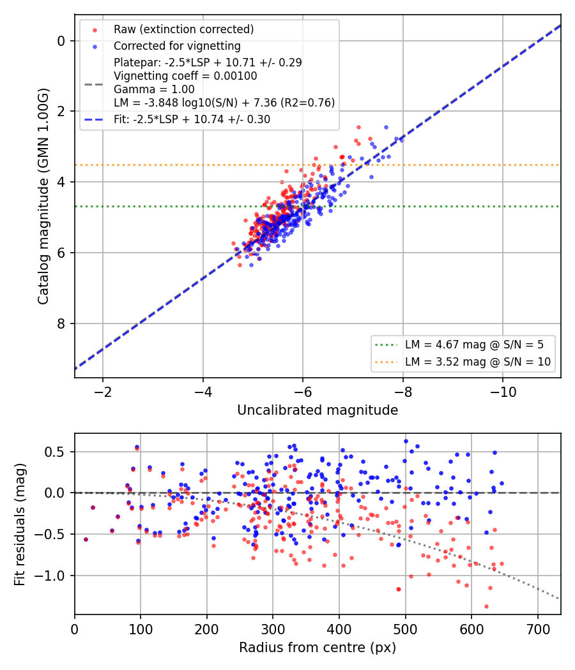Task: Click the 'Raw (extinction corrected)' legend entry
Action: pos(183,29)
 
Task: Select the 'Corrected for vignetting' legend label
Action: pos(177,46)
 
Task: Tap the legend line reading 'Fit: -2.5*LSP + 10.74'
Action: pos(192,119)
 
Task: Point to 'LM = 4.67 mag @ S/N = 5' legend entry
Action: pos(474,345)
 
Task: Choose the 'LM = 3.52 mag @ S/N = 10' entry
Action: pos(478,362)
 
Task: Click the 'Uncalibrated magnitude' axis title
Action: pos(318,410)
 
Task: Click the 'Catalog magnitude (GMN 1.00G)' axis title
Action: pos(43,197)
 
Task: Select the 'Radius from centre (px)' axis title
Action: pos(318,648)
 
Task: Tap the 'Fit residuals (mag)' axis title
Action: pos(20,525)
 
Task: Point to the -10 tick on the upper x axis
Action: pos(503,392)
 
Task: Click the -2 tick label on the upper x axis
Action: pos(103,392)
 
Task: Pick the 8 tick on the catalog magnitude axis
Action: pos(61,324)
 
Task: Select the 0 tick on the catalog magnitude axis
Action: pos(61,41)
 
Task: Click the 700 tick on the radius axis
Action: pos(538,629)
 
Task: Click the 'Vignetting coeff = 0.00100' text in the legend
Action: pos(185,76)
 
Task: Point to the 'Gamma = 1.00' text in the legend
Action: pos(154,89)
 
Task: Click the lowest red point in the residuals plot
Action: pos(486,606)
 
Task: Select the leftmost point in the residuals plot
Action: pos(86,540)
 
